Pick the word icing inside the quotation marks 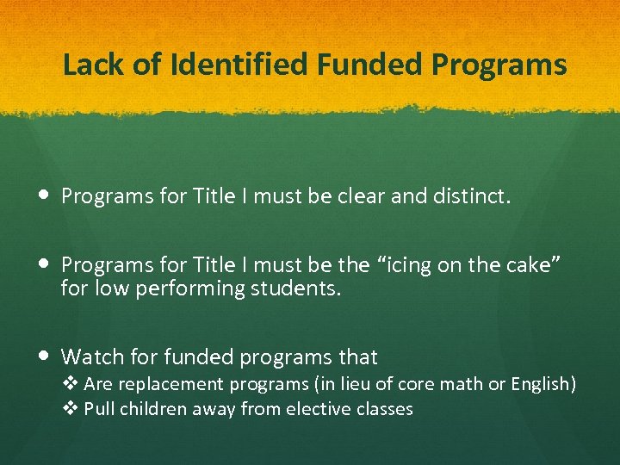[x=406, y=266]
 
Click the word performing [x=186, y=288]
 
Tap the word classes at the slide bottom [x=386, y=409]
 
